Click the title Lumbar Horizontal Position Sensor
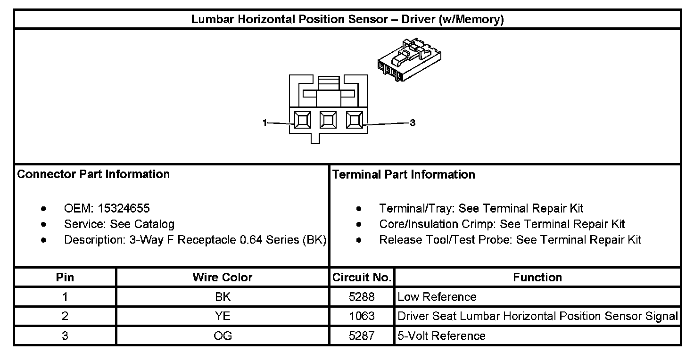(347, 20)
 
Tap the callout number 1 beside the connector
(265, 123)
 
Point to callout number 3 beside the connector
(413, 123)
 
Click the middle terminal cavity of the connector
(328, 120)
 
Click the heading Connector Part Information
(93, 174)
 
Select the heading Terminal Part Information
(404, 175)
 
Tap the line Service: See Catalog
(119, 224)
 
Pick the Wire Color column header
(223, 278)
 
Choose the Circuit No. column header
(362, 278)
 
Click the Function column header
(537, 278)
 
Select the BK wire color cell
(223, 297)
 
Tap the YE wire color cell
(223, 316)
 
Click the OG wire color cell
(223, 335)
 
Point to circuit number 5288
(362, 297)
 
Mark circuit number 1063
(362, 316)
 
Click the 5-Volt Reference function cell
(442, 335)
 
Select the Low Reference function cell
(437, 297)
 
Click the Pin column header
(65, 278)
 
